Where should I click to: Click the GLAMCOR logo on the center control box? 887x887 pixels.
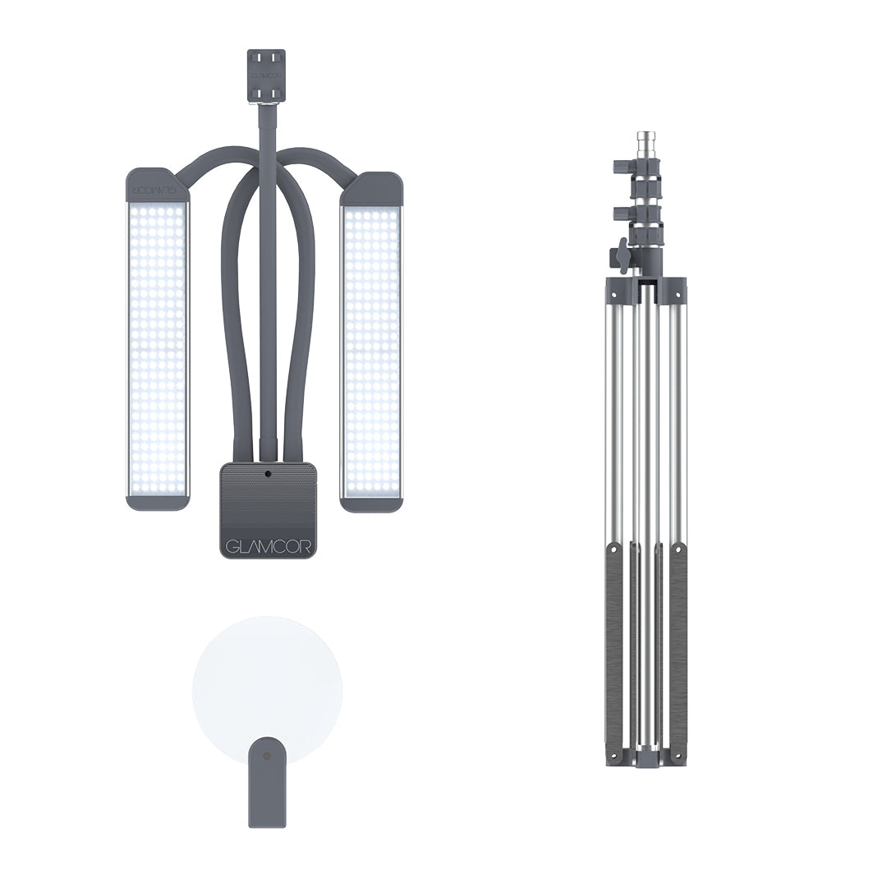coord(267,546)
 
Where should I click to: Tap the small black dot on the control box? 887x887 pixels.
coord(268,474)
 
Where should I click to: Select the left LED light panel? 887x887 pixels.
coord(156,339)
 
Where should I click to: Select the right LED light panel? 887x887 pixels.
coord(371,342)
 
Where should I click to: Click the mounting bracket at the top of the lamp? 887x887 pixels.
coord(264,76)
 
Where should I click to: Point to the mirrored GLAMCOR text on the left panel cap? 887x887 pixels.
coord(156,188)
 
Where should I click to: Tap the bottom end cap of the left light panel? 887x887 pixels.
coord(156,503)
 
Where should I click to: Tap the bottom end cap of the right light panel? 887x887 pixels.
coord(371,504)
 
